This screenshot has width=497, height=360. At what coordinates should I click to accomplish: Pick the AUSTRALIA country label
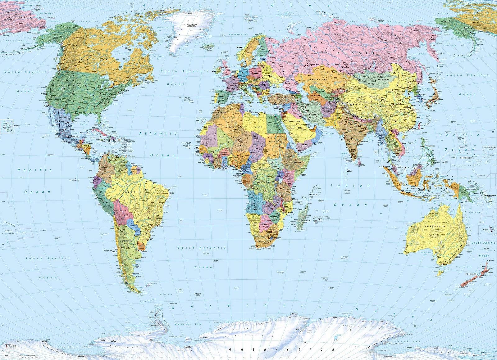(437, 226)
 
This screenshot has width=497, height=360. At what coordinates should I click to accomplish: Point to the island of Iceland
(208, 46)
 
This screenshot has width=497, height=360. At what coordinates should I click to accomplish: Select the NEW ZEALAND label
(472, 274)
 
